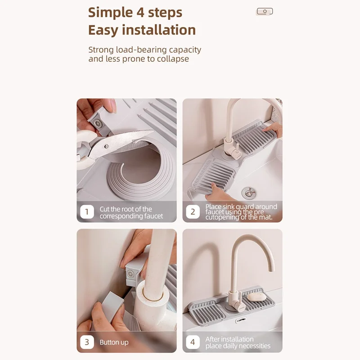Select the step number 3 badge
tap(87, 342)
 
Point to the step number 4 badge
tap(193, 342)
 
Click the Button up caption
tap(114, 342)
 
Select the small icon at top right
tap(265, 11)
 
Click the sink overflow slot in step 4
tap(241, 320)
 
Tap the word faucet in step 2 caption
tap(214, 212)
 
